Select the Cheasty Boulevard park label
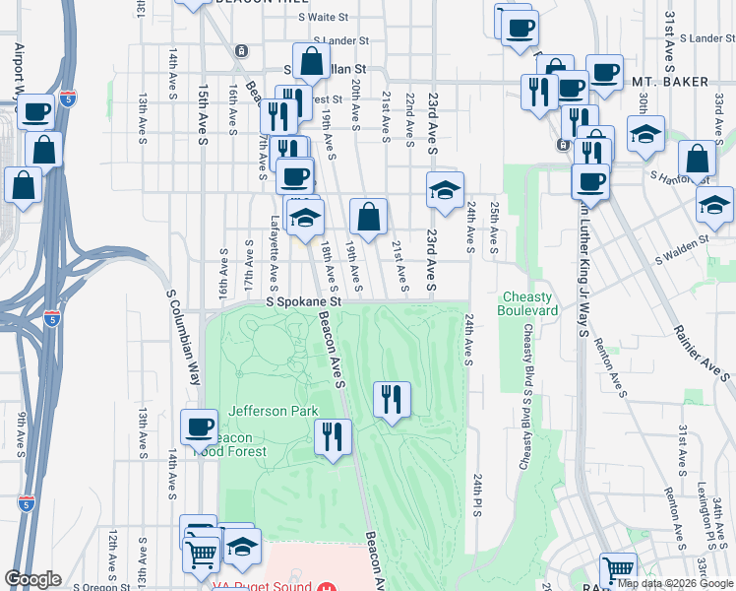click(x=530, y=303)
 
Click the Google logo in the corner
click(x=32, y=580)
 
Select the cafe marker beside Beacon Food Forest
click(x=199, y=427)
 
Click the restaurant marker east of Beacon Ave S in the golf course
click(x=392, y=399)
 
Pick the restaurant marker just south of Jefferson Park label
click(x=333, y=436)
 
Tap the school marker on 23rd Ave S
click(x=445, y=190)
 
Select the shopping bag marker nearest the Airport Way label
click(x=44, y=151)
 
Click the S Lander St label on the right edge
click(x=700, y=38)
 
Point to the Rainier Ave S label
click(x=702, y=335)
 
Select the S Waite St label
click(x=325, y=18)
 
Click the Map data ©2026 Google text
click(x=674, y=583)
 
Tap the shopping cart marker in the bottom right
click(x=618, y=570)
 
